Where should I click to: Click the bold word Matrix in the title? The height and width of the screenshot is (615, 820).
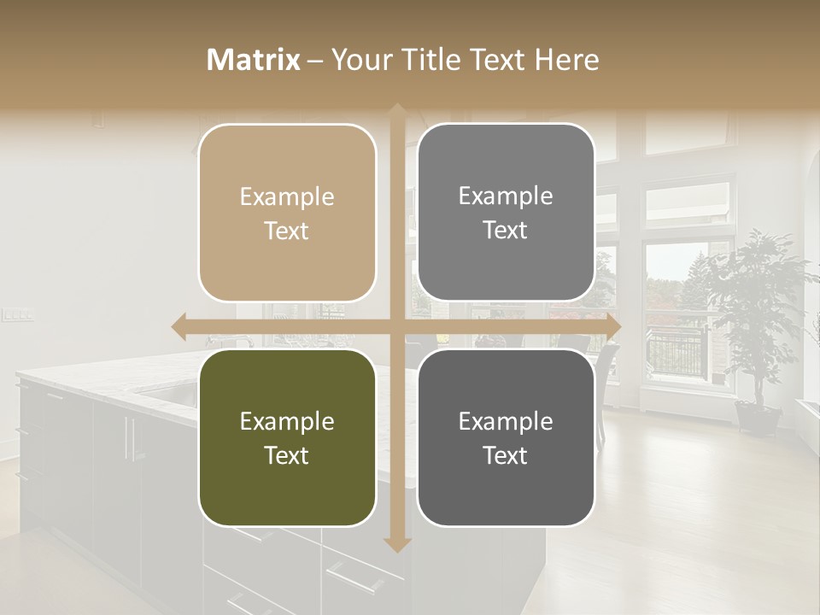254,60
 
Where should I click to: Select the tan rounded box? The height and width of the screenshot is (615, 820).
287,213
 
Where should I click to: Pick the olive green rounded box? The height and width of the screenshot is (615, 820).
287,437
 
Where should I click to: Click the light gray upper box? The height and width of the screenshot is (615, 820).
506,213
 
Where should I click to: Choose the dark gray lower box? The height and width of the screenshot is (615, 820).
506,437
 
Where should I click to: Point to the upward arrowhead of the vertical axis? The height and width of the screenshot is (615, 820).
397,112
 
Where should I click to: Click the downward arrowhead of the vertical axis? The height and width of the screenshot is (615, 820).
397,543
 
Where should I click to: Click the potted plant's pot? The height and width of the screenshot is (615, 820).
757,419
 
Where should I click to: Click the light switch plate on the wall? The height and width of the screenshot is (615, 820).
17,315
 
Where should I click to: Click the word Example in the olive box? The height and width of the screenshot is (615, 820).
287,421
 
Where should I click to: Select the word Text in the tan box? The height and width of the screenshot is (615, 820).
287,231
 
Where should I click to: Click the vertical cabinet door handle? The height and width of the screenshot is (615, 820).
129,439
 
